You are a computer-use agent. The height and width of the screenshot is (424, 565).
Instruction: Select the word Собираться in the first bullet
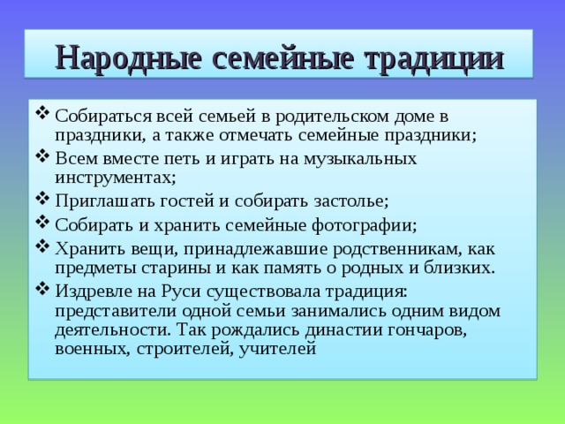click(98, 117)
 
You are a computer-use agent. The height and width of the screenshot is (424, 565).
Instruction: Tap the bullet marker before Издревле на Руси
click(43, 290)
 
